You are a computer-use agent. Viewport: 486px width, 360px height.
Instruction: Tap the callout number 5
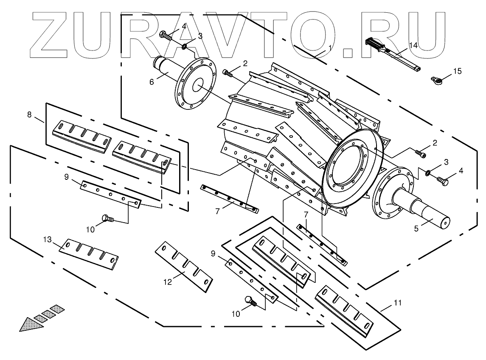click(416, 228)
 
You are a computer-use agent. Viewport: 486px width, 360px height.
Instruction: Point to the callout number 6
click(152, 81)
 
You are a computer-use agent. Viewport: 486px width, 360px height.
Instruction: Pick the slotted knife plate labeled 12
click(184, 265)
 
